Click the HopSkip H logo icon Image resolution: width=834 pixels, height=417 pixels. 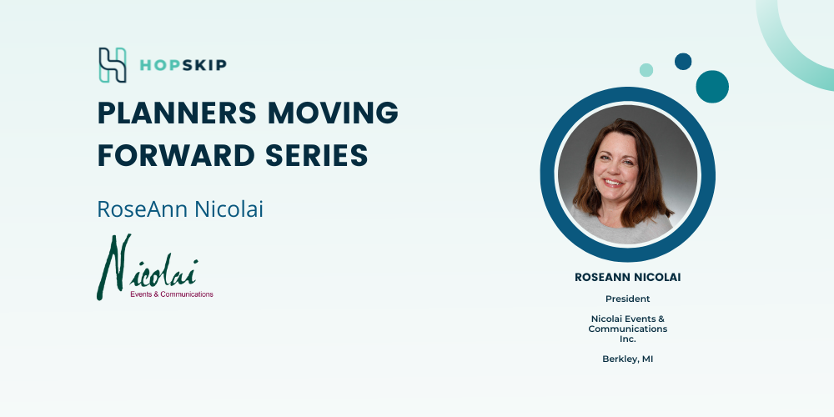pos(113,65)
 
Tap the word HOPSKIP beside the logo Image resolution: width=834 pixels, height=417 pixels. pos(183,65)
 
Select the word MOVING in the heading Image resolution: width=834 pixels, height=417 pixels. pos(333,113)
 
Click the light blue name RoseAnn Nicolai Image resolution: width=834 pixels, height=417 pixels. pos(180,209)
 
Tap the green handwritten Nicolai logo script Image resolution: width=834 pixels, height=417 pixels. pos(148,266)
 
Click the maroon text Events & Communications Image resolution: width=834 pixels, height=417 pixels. pos(172,294)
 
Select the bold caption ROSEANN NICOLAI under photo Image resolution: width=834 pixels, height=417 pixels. pos(628,277)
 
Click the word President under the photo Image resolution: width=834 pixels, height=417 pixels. pos(628,299)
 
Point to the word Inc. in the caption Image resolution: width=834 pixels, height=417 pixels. pos(628,339)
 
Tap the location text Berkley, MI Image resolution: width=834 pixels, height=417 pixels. pos(628,359)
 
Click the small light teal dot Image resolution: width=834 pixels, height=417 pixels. pos(646,70)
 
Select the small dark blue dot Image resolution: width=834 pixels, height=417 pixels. pos(683,61)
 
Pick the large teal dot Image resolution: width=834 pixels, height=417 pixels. pos(712,87)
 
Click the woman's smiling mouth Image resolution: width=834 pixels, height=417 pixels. pos(613,183)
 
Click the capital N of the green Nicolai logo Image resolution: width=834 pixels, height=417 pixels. pos(114,266)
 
